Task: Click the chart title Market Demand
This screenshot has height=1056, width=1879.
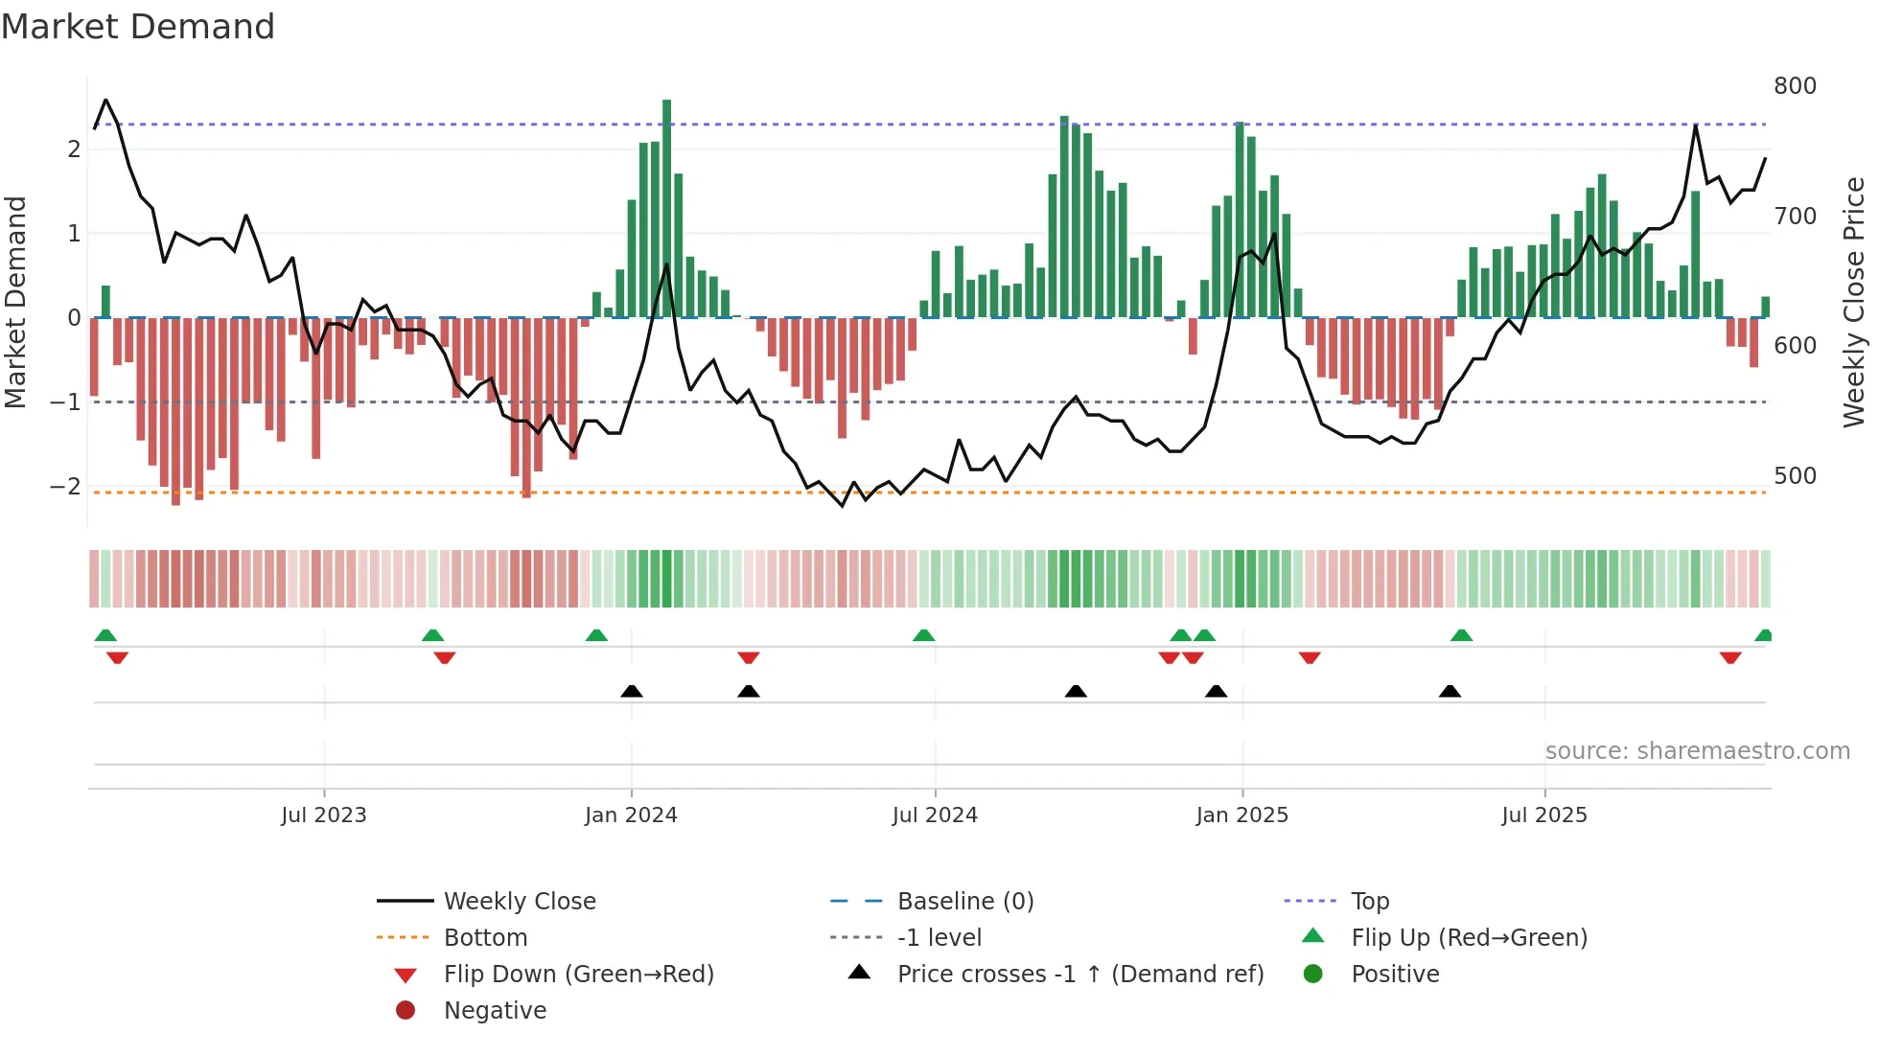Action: click(x=138, y=27)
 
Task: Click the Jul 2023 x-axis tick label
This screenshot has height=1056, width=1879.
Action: click(x=323, y=815)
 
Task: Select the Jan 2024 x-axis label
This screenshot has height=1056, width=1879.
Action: click(x=631, y=815)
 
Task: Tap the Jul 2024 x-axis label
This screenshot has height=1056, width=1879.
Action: click(x=935, y=815)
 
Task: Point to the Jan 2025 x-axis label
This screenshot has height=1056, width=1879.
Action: click(x=1241, y=815)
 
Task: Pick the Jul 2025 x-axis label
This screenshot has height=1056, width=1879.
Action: click(x=1544, y=815)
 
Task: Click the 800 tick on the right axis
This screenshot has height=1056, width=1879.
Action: click(x=1795, y=86)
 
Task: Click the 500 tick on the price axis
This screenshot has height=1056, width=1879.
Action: click(x=1795, y=476)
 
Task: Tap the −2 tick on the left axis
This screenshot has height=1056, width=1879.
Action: click(x=65, y=487)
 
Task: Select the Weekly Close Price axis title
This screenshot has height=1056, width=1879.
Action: click(x=1854, y=302)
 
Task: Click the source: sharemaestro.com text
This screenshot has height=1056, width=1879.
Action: click(x=1697, y=751)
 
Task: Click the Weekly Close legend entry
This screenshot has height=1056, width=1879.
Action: click(x=519, y=902)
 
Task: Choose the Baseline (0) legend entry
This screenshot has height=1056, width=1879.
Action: click(x=964, y=902)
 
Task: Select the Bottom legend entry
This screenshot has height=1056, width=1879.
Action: click(x=485, y=938)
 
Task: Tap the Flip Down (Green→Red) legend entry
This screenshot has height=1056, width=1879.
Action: click(x=578, y=975)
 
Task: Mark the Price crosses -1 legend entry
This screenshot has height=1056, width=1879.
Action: click(x=1079, y=975)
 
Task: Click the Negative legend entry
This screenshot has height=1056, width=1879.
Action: click(x=495, y=1011)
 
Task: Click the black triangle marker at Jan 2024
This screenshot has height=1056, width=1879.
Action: click(x=632, y=691)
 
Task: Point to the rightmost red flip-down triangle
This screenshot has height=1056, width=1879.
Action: click(x=1730, y=658)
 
